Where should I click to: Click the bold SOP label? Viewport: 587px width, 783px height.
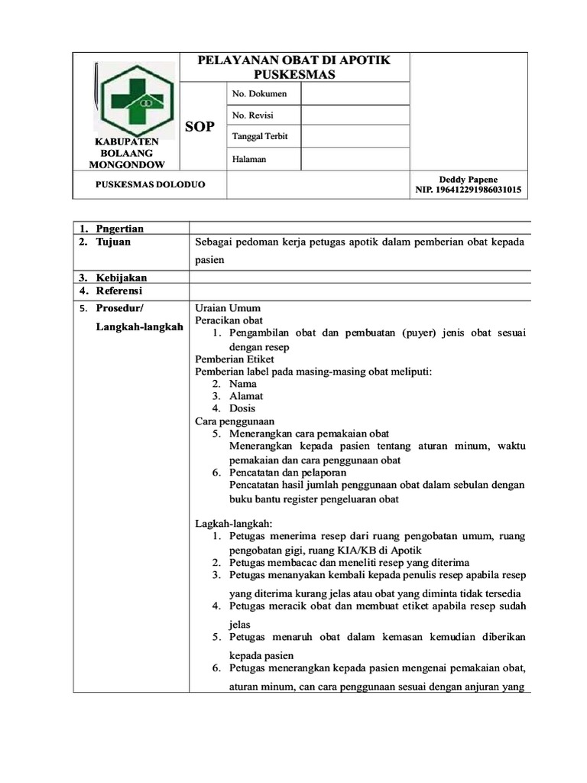200,125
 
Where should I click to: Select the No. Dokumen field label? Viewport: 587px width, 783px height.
259,93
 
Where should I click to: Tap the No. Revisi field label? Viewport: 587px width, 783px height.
252,115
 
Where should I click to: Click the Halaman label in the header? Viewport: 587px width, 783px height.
250,158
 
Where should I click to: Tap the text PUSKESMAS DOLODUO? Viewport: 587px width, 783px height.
150,184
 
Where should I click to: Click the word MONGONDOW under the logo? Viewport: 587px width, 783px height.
127,164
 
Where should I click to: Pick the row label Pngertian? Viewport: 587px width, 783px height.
119,228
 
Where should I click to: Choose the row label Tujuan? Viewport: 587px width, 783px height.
113,242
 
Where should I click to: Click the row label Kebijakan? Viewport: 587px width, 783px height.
121,277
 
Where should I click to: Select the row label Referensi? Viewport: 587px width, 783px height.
120,291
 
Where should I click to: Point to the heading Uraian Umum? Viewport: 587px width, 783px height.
229,308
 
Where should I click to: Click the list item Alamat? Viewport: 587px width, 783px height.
246,396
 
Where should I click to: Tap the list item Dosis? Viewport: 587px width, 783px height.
242,408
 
